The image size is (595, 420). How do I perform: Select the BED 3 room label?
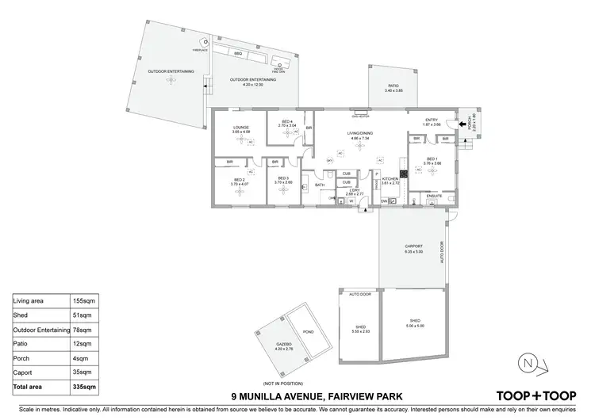coord(284,179)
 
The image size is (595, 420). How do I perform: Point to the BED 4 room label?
coord(286,123)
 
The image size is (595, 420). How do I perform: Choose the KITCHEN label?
coord(389,179)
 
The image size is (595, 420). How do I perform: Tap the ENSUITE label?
coord(434,195)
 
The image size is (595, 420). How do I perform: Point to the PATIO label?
coord(393,86)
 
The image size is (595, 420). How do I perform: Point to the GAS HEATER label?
coord(363,113)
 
